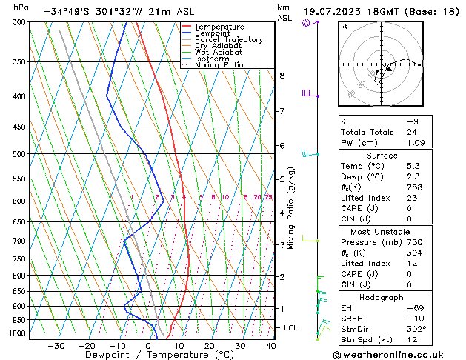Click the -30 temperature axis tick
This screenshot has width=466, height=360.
coord(56,345)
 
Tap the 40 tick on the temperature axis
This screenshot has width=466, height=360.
coord(270,345)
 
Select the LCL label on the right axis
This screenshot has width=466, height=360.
coord(291,327)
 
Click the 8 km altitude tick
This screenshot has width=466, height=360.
coord(282,76)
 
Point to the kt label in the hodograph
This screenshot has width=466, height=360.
coord(344,27)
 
